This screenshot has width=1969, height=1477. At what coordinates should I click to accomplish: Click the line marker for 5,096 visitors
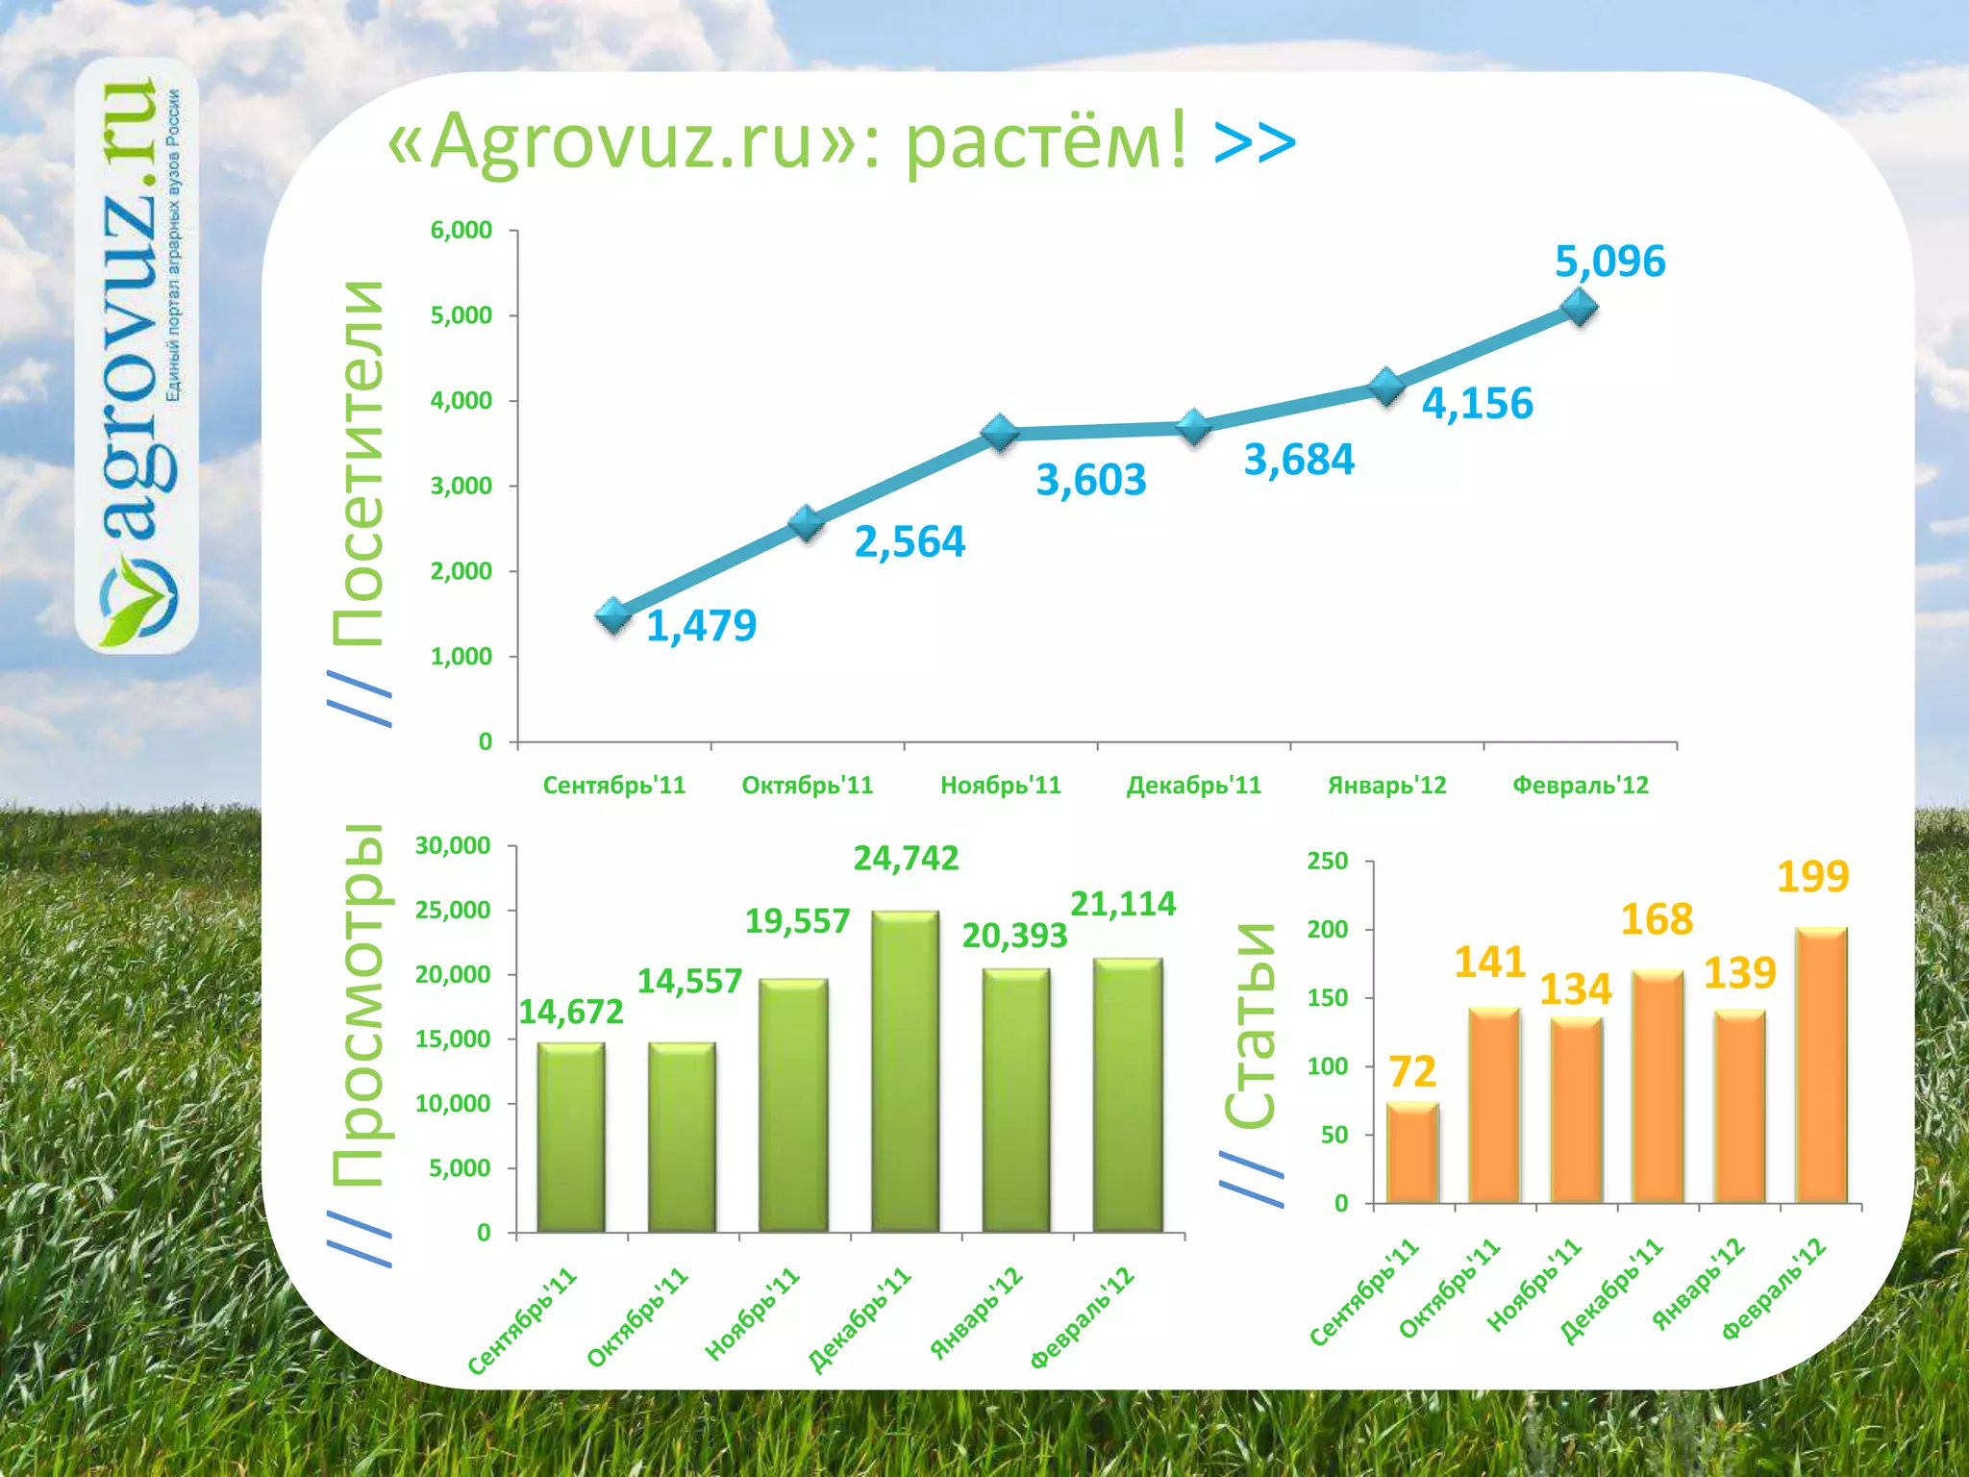[1580, 308]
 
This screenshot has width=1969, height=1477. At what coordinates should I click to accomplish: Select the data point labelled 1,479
[613, 615]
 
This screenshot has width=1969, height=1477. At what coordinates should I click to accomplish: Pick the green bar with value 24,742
[905, 1070]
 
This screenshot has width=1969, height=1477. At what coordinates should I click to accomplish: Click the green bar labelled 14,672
[571, 1137]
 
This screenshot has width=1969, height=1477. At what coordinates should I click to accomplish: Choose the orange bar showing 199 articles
[1821, 1064]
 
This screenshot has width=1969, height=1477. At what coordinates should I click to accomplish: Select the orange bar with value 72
[1412, 1152]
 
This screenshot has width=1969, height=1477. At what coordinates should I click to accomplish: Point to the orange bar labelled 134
[1576, 1110]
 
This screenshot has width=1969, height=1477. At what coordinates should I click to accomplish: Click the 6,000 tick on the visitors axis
[461, 231]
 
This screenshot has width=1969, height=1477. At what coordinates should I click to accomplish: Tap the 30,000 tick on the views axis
[453, 846]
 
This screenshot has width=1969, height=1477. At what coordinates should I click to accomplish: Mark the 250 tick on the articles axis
[1328, 861]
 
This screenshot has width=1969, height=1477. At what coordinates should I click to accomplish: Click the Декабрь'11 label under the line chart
[1193, 786]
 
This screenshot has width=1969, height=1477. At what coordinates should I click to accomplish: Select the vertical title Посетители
[358, 463]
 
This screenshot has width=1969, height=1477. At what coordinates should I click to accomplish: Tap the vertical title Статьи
[1251, 1024]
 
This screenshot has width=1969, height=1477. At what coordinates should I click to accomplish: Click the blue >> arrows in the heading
[1255, 142]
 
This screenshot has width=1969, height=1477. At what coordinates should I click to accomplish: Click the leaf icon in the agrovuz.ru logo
[140, 605]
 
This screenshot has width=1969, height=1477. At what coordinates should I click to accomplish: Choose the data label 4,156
[1477, 404]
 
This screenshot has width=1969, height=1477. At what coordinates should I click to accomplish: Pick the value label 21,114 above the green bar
[1123, 904]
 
